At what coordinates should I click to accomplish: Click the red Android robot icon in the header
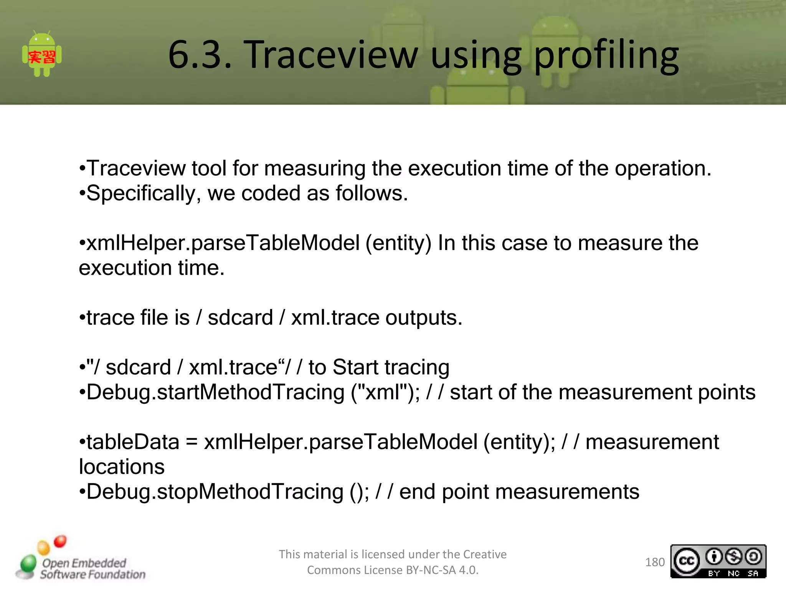click(x=42, y=54)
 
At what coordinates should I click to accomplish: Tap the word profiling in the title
click(x=606, y=56)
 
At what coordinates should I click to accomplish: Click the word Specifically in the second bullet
click(x=141, y=193)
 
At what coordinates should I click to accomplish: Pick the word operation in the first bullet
click(x=662, y=169)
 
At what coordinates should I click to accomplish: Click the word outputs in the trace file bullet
click(x=423, y=318)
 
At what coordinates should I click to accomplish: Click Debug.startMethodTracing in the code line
click(x=215, y=392)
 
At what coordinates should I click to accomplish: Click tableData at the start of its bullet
click(x=133, y=442)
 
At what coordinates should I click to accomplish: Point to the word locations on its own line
click(x=122, y=467)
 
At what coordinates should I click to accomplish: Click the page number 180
click(x=655, y=562)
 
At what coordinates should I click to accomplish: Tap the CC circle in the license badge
click(x=687, y=561)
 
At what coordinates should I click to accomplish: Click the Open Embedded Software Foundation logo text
click(x=92, y=569)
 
